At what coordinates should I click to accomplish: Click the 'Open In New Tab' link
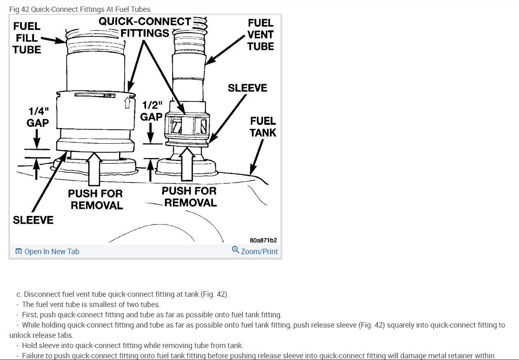point(52,252)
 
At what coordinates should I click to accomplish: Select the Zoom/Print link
point(259,252)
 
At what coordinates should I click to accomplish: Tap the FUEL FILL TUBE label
point(27,38)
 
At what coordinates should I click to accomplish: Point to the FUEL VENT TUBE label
point(261,35)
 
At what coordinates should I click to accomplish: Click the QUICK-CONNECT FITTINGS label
point(145,27)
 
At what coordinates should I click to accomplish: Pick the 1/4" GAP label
point(38,117)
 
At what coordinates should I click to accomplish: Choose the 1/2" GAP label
point(151,111)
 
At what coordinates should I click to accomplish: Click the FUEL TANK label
point(263,127)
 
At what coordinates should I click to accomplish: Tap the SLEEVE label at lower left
point(33,220)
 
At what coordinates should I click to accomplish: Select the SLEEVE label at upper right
point(247,88)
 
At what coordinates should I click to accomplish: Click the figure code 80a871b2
point(263,240)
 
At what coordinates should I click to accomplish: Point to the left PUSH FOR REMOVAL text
point(96,199)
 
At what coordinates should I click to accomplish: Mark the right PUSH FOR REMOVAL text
point(189,197)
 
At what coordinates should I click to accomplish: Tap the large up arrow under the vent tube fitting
point(188,165)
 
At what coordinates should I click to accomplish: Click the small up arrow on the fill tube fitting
point(127,103)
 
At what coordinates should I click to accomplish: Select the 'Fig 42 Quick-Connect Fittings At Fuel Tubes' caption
point(80,9)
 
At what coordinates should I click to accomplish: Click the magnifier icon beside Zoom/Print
point(235,250)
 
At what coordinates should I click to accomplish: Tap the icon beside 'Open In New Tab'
point(18,252)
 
